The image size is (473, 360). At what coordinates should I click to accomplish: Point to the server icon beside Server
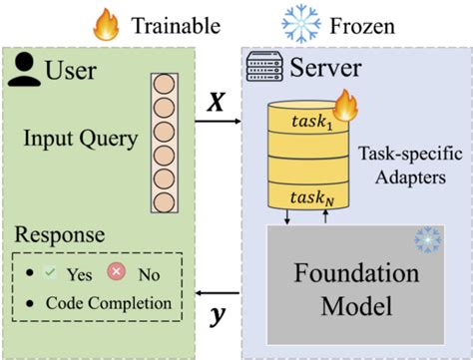pos(261,69)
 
